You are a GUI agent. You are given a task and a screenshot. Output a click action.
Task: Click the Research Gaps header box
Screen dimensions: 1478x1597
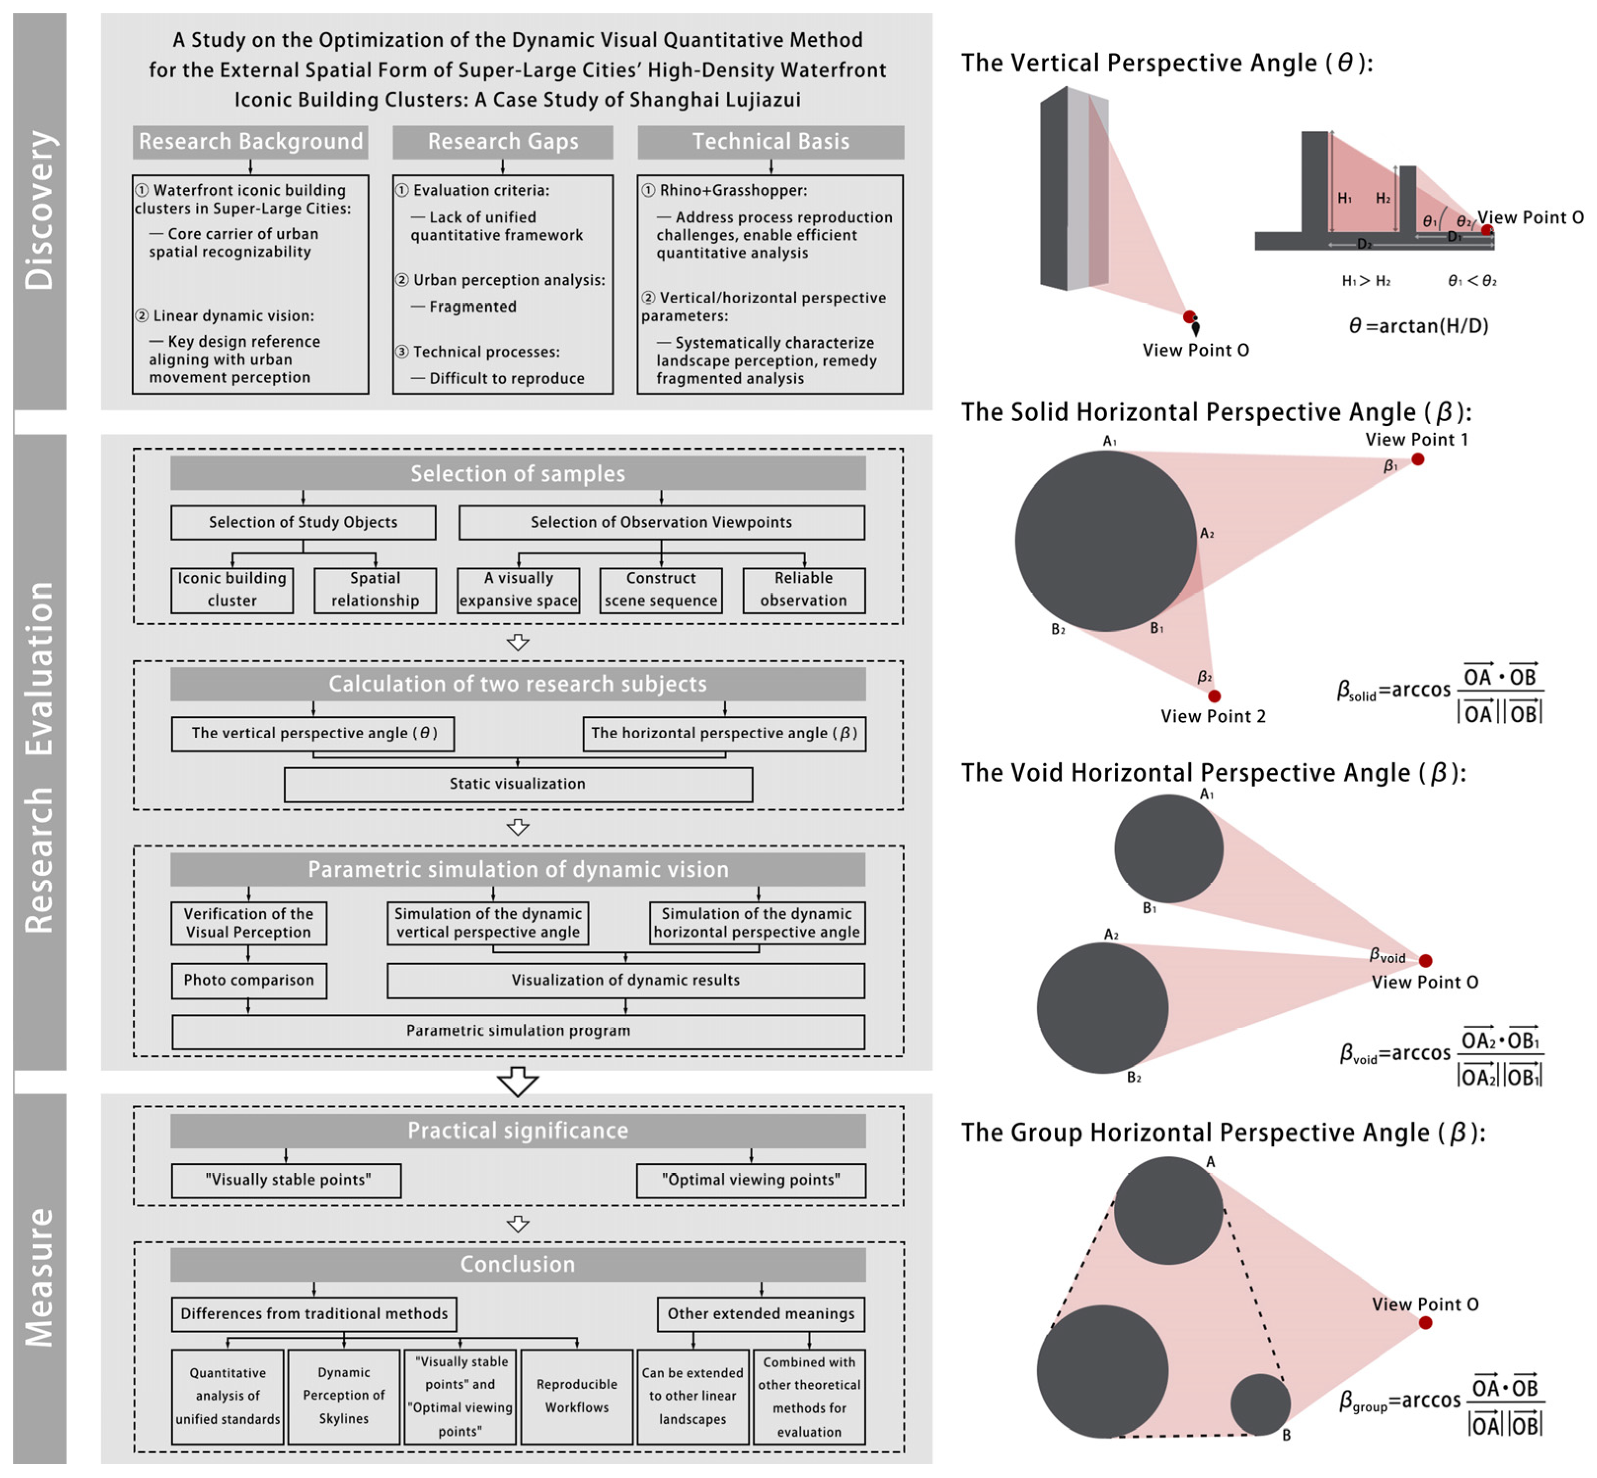[502, 142]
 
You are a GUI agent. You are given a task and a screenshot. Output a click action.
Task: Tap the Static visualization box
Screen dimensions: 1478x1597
[518, 784]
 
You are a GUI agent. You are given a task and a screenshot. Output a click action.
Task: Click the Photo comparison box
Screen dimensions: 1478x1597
[249, 980]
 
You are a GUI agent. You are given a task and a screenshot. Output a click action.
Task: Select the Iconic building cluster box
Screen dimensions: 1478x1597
[232, 589]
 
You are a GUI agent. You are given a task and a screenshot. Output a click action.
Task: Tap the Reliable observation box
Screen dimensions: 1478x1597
[803, 589]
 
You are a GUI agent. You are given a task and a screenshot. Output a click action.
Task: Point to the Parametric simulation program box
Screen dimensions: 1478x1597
[518, 1031]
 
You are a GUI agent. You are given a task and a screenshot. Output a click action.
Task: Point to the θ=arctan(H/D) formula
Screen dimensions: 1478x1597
[1418, 325]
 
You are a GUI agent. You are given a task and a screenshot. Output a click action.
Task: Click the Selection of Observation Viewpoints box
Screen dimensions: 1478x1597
[661, 522]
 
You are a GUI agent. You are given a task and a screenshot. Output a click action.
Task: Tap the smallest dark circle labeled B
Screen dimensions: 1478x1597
[1260, 1404]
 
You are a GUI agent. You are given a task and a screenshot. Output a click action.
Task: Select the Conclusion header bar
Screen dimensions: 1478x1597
[518, 1264]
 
